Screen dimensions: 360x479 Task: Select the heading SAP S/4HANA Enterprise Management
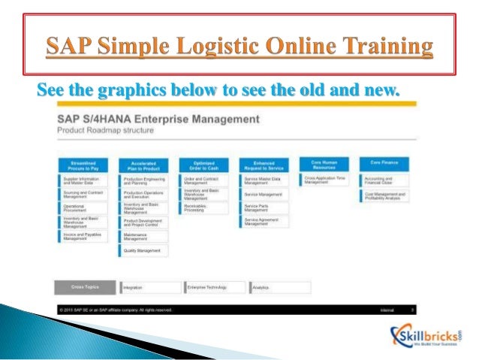pyautogui.click(x=158, y=119)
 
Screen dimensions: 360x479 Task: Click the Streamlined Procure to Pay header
pyautogui.click(x=83, y=164)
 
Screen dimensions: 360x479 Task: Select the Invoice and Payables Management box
pyautogui.click(x=84, y=236)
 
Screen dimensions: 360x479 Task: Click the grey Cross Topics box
pyautogui.click(x=83, y=286)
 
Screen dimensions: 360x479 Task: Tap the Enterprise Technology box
pyautogui.click(x=215, y=286)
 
